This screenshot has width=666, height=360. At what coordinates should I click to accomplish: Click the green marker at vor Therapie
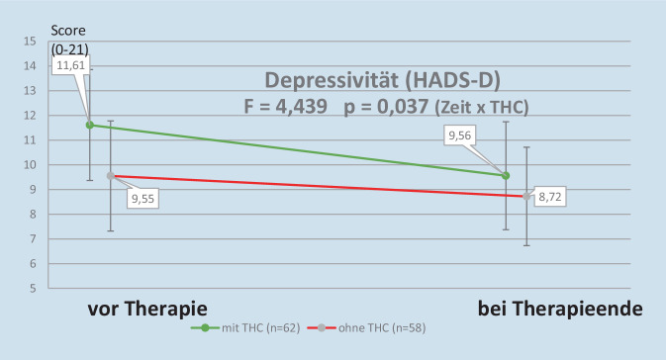(x=90, y=125)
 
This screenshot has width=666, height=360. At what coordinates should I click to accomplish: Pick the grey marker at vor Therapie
(x=110, y=176)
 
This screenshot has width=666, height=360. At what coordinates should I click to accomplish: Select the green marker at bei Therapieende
(x=507, y=175)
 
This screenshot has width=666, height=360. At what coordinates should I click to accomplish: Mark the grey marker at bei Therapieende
(x=526, y=196)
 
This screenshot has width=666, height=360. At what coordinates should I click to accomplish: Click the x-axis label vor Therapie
(x=147, y=310)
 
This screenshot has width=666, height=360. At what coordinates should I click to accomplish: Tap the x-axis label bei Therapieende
(x=560, y=310)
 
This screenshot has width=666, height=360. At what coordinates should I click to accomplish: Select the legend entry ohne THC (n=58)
(x=366, y=327)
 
